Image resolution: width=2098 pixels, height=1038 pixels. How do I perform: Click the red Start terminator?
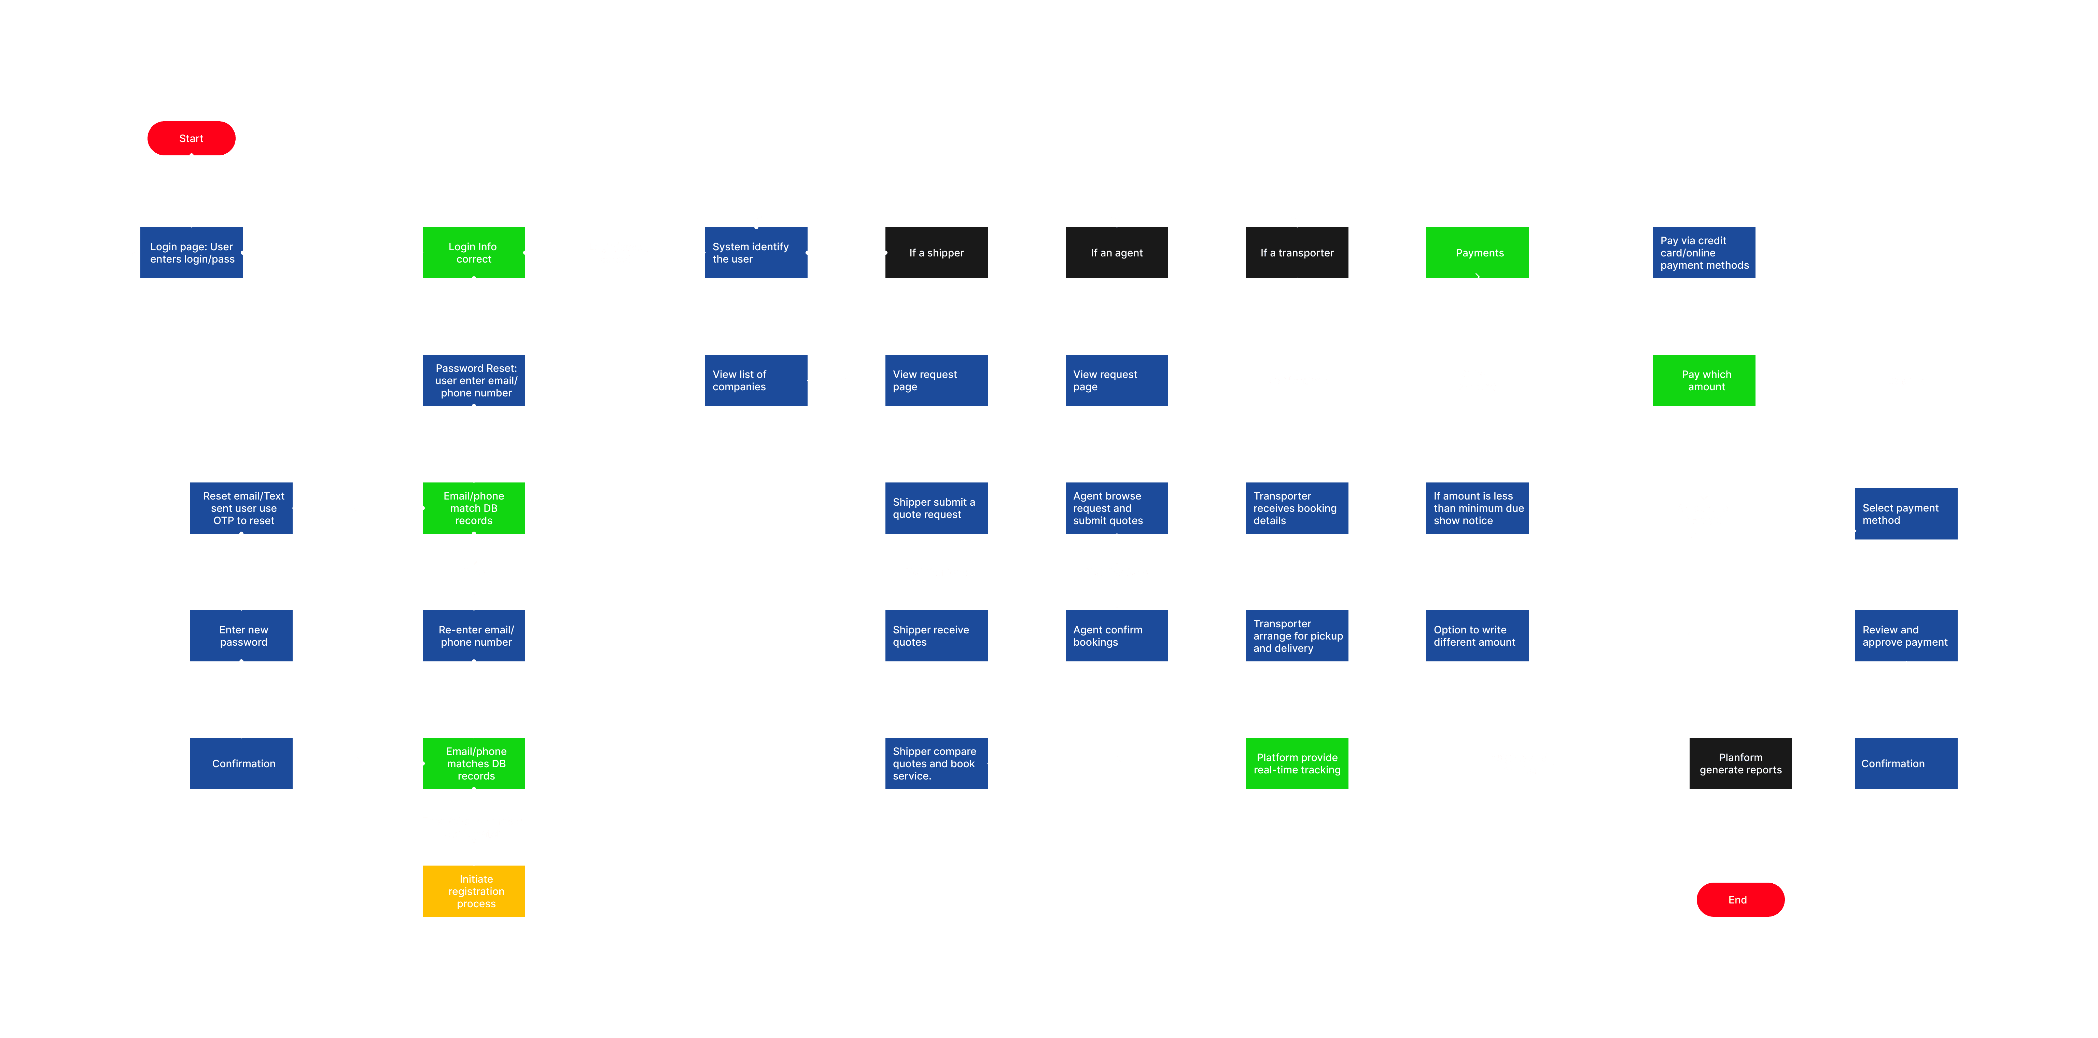[191, 138]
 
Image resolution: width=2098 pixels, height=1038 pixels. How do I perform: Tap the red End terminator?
[1740, 900]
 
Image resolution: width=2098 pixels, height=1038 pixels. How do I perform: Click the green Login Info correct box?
[474, 252]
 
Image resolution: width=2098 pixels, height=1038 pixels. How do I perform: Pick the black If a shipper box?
[937, 252]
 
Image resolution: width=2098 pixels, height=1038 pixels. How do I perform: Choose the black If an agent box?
[1117, 252]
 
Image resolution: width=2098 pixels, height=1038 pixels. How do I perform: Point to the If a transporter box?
[1297, 252]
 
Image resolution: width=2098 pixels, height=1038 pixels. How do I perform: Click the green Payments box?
[1478, 252]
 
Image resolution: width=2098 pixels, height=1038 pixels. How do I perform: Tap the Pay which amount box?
[1704, 380]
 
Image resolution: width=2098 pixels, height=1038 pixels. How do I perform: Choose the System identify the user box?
[756, 252]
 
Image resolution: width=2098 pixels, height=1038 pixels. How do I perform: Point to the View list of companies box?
[756, 380]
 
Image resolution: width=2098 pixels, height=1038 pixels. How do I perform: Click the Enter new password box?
[241, 636]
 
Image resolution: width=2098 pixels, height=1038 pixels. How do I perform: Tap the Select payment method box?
[1906, 514]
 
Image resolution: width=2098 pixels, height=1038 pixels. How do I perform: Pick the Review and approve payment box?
[1906, 636]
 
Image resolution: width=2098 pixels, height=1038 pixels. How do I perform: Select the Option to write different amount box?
[1478, 636]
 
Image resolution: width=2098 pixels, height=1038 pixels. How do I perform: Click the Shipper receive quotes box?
[937, 636]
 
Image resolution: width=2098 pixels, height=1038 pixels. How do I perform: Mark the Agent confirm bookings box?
[1117, 636]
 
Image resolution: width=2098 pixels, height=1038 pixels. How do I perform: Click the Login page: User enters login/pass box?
[191, 252]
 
